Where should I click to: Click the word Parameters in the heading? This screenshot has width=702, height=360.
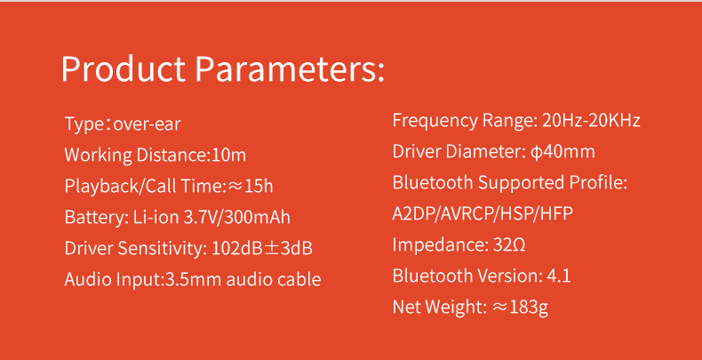click(x=290, y=69)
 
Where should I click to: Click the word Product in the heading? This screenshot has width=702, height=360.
click(x=124, y=69)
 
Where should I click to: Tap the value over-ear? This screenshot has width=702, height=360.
click(x=147, y=124)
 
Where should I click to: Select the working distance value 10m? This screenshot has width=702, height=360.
click(x=228, y=155)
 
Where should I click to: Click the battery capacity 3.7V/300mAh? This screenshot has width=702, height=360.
click(x=237, y=217)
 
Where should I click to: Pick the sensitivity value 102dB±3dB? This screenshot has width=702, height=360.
click(x=261, y=248)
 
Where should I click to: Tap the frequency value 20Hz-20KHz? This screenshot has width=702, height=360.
click(x=591, y=121)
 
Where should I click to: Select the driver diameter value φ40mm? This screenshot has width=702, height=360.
click(x=562, y=152)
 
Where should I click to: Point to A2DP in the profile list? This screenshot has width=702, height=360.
click(x=414, y=214)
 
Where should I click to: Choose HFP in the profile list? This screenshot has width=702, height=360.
click(x=557, y=214)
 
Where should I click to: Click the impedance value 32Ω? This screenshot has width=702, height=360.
click(x=509, y=245)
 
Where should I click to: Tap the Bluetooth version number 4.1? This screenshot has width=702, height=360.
click(x=559, y=276)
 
